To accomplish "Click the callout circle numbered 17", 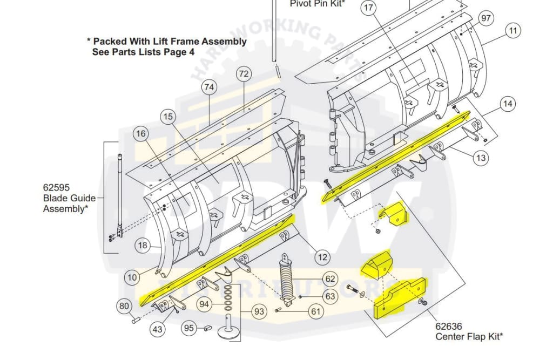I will (369, 8).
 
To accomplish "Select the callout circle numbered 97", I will (486, 18).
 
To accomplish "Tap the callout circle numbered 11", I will (512, 31).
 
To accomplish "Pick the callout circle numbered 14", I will (508, 104).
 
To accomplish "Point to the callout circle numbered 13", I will (481, 158).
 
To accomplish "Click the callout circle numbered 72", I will (244, 74).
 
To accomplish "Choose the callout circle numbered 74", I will (209, 86).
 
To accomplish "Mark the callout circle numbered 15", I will (168, 116).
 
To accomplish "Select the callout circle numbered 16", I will (141, 134).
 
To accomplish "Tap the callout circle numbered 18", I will (142, 246).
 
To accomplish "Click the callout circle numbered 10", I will (132, 278).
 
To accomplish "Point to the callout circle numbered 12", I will (322, 258).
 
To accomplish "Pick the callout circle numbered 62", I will (330, 279).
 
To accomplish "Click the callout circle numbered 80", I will (125, 307).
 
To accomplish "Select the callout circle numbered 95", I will (188, 328).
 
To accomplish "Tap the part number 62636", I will (450, 326).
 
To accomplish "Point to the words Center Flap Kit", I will (469, 337).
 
